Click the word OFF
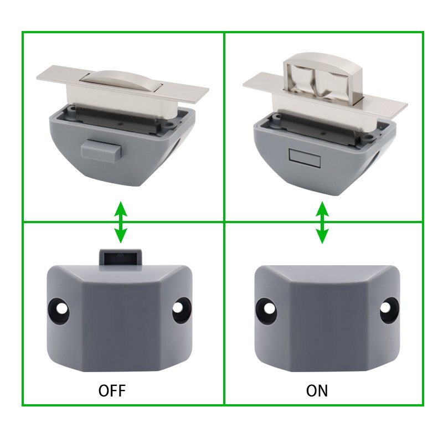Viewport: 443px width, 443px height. point(112,390)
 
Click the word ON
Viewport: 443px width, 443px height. point(317,390)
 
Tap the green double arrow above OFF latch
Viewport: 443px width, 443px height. point(121,222)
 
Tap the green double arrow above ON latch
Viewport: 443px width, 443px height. point(322,223)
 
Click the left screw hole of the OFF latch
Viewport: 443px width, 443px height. point(60,311)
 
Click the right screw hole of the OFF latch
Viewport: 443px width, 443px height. point(181,310)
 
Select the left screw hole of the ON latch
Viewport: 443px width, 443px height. point(266,311)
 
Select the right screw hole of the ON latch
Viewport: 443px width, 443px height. point(388,310)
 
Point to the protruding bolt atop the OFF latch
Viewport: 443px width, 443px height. point(120,257)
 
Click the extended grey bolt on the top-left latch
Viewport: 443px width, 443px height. point(101,149)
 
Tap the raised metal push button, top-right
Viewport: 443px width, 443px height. point(323,76)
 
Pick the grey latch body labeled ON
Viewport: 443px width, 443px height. point(327,318)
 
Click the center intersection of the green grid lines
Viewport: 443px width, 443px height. point(224,222)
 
